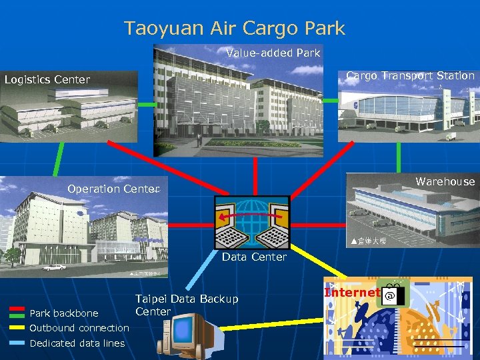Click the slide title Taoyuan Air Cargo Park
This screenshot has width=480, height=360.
(x=235, y=28)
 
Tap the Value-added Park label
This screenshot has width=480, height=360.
(x=273, y=53)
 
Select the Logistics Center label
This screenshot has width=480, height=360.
(x=47, y=80)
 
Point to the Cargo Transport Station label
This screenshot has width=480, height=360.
(x=410, y=76)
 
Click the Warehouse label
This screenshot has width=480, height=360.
(x=445, y=181)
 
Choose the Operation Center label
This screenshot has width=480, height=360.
(x=112, y=189)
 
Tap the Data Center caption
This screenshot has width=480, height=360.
(x=254, y=257)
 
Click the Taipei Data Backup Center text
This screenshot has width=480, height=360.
(x=186, y=305)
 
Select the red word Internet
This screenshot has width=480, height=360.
(x=351, y=293)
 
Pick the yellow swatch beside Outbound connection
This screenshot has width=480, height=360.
(x=19, y=327)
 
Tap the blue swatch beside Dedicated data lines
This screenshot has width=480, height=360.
(x=19, y=343)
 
